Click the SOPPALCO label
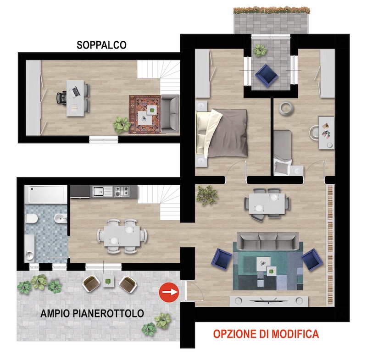pyautogui.click(x=101, y=45)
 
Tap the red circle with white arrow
pyautogui.click(x=169, y=292)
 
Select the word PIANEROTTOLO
pyautogui.click(x=108, y=313)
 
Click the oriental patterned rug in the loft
pyautogui.click(x=145, y=114)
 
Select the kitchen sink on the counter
pyautogui.click(x=98, y=191)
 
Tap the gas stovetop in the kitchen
pyautogui.click(x=122, y=191)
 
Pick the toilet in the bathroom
pyautogui.click(x=32, y=218)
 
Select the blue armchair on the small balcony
pyautogui.click(x=266, y=75)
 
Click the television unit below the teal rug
pyautogui.click(x=268, y=300)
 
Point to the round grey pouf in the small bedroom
pyautogui.click(x=285, y=108)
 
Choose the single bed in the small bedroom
pyautogui.click(x=283, y=153)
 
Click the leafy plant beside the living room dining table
pyautogui.click(x=207, y=195)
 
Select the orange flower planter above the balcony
pyautogui.click(x=272, y=10)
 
